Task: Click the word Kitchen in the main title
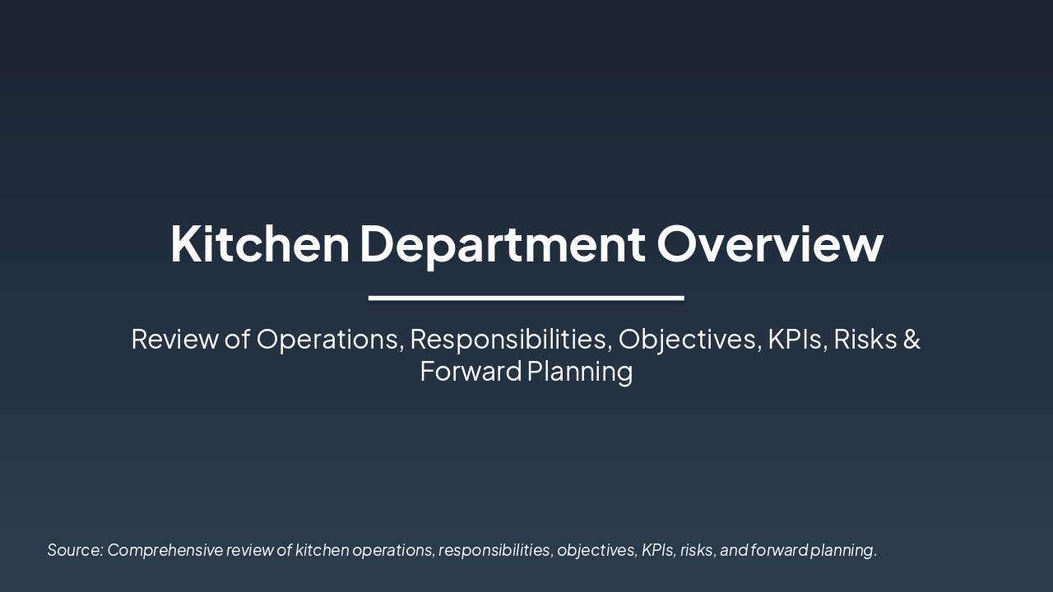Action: pos(260,244)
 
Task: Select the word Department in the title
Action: pos(502,244)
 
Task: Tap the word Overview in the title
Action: pos(769,244)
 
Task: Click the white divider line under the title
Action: pos(526,298)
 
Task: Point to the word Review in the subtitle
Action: pos(174,339)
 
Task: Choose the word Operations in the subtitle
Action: pos(329,339)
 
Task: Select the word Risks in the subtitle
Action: pos(864,339)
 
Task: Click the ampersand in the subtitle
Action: pos(912,339)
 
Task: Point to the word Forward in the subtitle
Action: pos(471,372)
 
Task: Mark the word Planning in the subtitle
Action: pos(580,372)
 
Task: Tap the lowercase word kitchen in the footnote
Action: pos(322,550)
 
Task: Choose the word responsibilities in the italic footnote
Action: pos(494,550)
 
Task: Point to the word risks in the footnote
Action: pos(696,550)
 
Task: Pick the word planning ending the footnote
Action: pos(842,550)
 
